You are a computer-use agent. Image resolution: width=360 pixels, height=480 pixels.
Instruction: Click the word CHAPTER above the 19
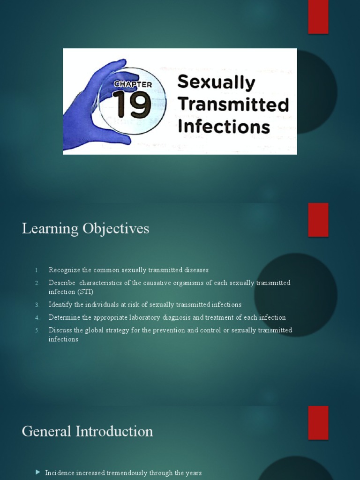pos(133,84)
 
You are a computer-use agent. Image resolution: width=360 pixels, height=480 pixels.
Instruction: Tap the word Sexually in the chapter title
pos(216,82)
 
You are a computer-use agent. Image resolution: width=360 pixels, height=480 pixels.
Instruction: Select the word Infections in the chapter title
pos(224,127)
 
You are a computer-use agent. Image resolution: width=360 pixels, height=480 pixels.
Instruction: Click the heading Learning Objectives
pos(85,229)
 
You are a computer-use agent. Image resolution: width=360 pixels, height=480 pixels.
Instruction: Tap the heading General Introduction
pos(87,431)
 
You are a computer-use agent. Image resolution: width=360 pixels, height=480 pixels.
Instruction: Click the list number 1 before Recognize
pos(37,270)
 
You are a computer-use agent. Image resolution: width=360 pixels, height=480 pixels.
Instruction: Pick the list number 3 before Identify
pos(37,305)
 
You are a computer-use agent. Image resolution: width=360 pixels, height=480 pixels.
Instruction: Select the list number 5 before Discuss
pos(37,330)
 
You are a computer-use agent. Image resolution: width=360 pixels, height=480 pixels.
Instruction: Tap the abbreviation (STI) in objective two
pos(85,292)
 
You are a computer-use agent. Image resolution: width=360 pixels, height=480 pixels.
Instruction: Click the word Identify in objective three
pos(60,305)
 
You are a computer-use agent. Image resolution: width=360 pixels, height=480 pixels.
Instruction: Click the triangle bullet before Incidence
pos(38,472)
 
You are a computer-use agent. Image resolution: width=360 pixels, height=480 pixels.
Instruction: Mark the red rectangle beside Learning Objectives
pos(318,220)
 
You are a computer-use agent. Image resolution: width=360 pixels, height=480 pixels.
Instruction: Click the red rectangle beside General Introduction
pos(318,423)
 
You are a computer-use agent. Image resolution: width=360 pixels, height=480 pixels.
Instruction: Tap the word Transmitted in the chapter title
pos(233,104)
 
